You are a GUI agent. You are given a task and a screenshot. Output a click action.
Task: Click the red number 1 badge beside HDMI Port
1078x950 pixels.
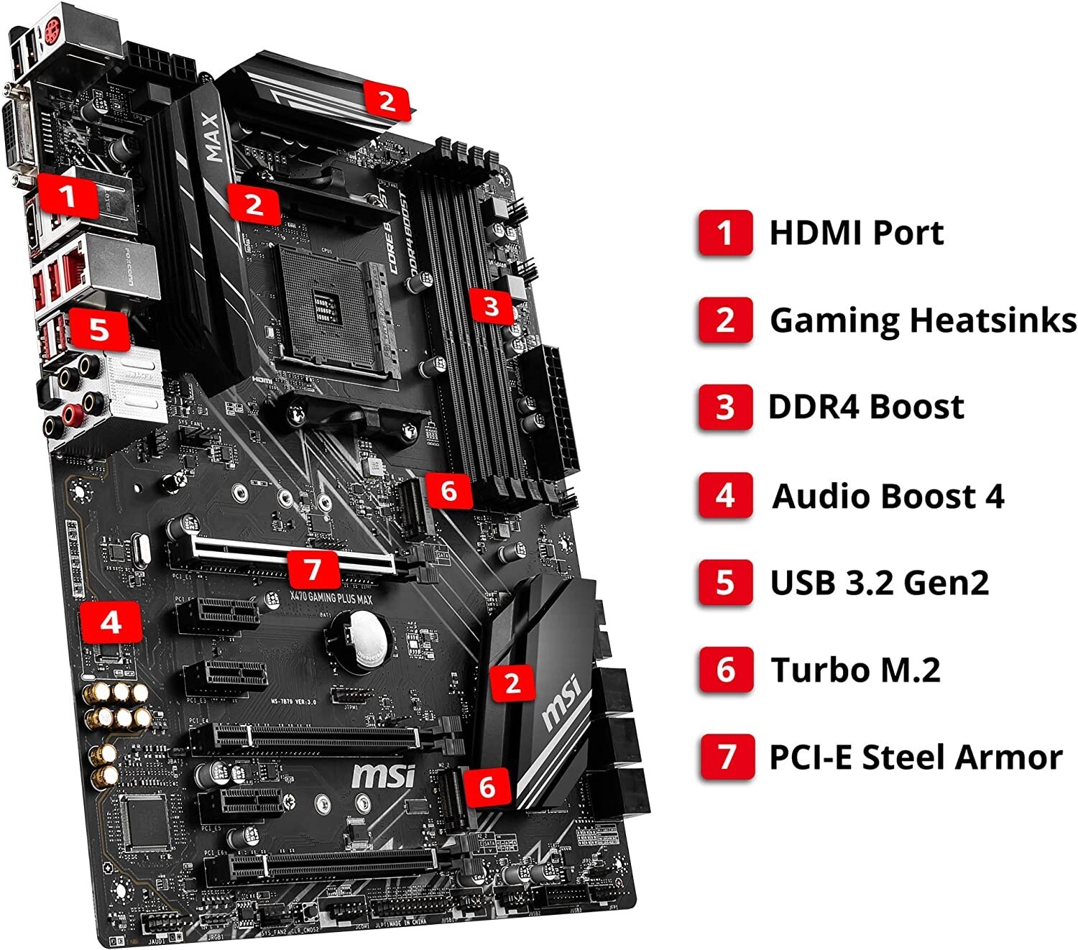coord(724,232)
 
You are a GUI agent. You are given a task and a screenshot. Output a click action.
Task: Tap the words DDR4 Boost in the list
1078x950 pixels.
coord(866,407)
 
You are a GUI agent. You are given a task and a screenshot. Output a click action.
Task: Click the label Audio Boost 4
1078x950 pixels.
coord(888,496)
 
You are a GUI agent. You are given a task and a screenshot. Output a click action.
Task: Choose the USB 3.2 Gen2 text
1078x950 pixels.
coord(879,582)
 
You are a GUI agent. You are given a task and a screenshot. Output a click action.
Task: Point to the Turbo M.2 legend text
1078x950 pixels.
coord(855,670)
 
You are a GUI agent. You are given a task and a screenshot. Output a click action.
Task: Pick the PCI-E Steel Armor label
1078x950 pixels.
coord(916,757)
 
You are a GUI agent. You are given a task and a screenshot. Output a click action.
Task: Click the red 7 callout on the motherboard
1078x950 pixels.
coord(313,570)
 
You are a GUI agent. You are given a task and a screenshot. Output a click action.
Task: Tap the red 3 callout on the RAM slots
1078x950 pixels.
coord(491,307)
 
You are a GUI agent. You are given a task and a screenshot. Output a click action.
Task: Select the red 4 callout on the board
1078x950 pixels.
coord(110,622)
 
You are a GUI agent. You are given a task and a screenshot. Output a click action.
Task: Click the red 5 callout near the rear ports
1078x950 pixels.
coord(99,329)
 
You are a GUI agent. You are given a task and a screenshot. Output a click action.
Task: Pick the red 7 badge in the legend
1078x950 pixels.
coord(726,757)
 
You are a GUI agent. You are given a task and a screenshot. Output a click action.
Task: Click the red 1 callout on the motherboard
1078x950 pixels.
coord(68,196)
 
